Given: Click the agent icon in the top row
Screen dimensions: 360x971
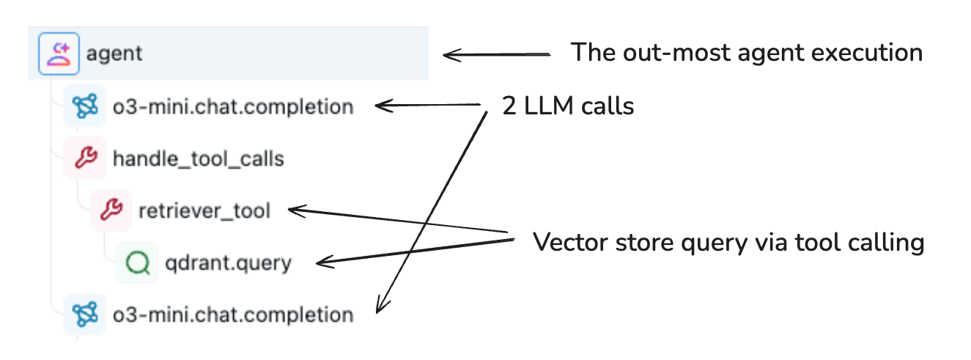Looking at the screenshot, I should click(59, 54).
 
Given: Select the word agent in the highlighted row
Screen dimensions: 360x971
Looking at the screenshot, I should click(114, 54).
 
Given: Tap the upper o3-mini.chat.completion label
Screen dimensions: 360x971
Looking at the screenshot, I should click(232, 106).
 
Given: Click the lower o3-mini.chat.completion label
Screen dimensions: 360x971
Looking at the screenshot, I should click(232, 315).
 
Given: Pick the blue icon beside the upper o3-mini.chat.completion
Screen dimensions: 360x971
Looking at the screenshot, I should click(85, 106).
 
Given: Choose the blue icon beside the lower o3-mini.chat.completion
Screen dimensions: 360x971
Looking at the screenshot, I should click(85, 315).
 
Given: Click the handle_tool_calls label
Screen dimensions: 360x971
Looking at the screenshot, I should click(198, 158).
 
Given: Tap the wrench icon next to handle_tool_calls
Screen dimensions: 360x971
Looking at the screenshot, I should click(85, 158).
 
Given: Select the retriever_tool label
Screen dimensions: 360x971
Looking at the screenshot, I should click(204, 211).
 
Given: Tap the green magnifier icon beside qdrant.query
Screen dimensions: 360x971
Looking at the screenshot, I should click(137, 262).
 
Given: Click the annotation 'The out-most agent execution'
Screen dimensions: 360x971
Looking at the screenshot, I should click(746, 53).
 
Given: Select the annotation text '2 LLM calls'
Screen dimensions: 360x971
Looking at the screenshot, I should click(567, 106).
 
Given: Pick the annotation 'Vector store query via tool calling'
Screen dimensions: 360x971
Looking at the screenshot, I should click(728, 242).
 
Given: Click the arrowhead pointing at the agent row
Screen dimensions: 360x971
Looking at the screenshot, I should click(448, 55).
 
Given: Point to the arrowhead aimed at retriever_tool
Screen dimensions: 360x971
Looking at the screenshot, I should click(293, 211).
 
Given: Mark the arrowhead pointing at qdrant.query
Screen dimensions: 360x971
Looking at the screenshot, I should click(320, 262).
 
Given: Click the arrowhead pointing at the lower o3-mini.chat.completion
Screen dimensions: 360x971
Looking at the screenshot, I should click(379, 308).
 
